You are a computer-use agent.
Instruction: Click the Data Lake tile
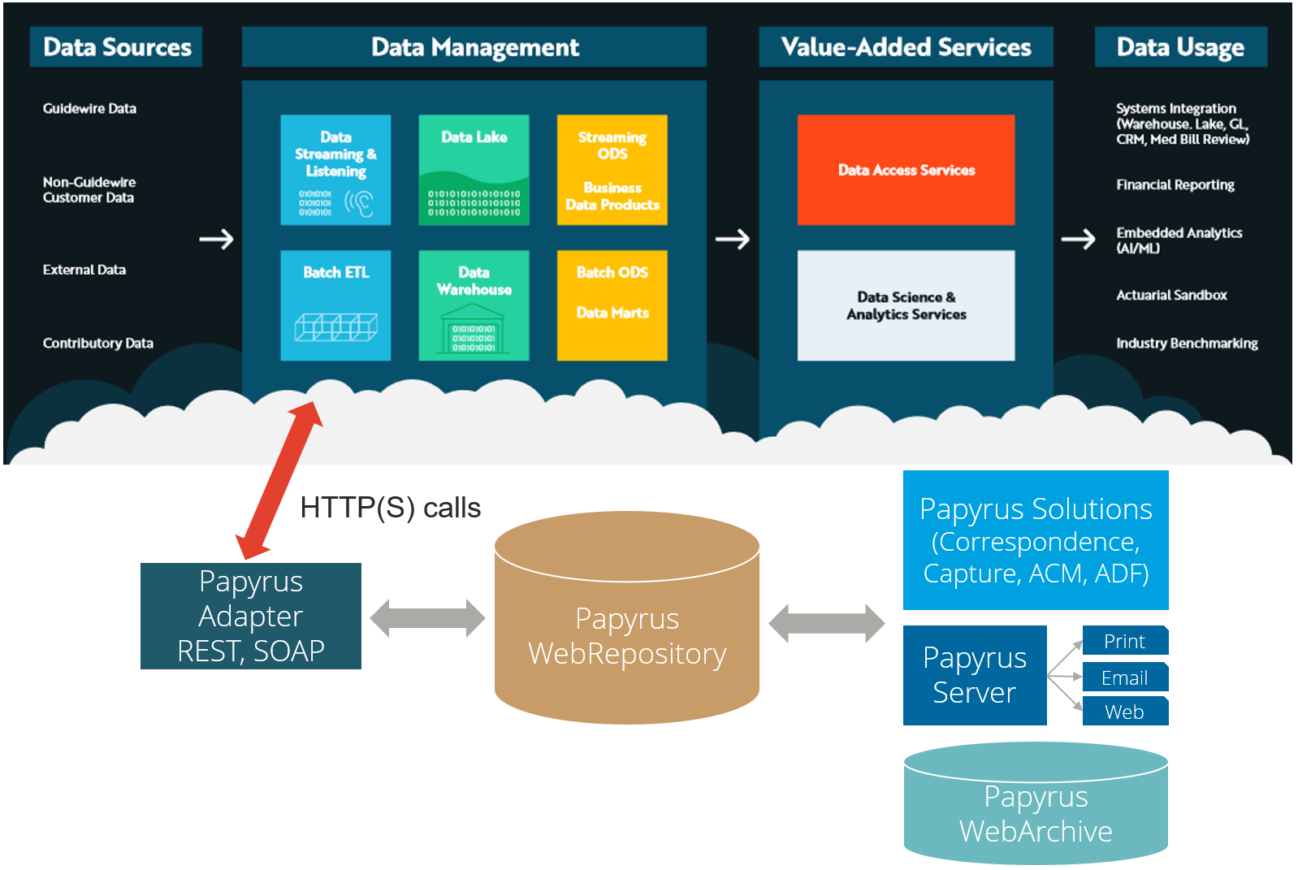click(x=474, y=170)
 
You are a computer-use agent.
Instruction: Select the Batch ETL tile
click(x=335, y=305)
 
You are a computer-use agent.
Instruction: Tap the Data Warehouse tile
click(x=474, y=305)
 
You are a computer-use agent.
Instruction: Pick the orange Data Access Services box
click(x=906, y=170)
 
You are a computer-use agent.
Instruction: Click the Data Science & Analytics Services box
click(x=906, y=305)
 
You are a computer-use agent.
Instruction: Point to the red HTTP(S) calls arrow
click(x=279, y=480)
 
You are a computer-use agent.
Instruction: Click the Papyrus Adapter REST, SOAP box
click(x=250, y=616)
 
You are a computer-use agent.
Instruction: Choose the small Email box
click(x=1125, y=677)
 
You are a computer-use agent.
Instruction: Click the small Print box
click(x=1125, y=641)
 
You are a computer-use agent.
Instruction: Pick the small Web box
click(x=1125, y=712)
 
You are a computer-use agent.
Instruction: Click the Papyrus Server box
click(x=974, y=675)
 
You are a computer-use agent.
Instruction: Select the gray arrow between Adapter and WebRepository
click(x=427, y=618)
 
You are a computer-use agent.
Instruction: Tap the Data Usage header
click(x=1179, y=47)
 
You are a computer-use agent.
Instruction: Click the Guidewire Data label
click(x=89, y=108)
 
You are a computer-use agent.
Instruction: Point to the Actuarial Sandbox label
click(x=1170, y=295)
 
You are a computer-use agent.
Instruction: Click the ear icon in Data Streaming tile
click(x=359, y=203)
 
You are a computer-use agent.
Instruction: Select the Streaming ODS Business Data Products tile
click(x=612, y=170)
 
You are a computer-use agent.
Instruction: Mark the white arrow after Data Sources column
click(x=216, y=239)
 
